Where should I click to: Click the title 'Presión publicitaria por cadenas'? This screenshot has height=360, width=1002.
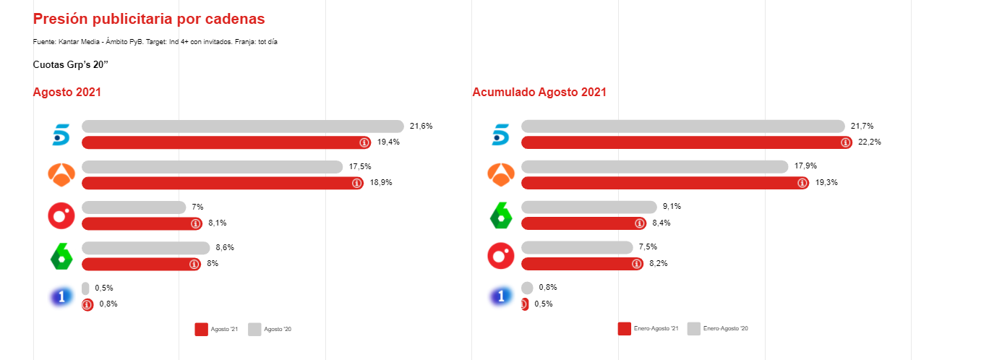[x=149, y=19]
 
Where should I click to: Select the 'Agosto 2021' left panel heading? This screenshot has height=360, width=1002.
[x=67, y=93]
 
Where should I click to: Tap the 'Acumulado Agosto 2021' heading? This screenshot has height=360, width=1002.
[x=539, y=93]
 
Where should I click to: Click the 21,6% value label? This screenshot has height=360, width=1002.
[x=421, y=126]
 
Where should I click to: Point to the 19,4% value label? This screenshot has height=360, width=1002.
[x=388, y=142]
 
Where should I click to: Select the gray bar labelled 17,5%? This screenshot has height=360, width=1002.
[x=212, y=167]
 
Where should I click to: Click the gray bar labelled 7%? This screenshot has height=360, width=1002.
[x=134, y=207]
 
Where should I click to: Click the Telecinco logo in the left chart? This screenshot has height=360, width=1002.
[x=61, y=134]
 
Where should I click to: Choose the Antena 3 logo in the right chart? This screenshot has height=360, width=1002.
[x=500, y=175]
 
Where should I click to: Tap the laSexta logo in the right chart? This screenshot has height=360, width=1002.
[x=500, y=215]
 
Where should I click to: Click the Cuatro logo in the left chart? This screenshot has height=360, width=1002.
[x=61, y=215]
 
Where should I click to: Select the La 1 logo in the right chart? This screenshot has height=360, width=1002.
[x=500, y=296]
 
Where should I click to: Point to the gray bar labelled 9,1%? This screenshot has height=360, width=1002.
[x=588, y=207]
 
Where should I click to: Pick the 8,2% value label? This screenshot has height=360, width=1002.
[x=658, y=264]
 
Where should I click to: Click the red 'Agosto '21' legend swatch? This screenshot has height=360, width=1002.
[x=201, y=329]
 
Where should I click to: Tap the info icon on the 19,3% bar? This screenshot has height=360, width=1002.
[x=802, y=183]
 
